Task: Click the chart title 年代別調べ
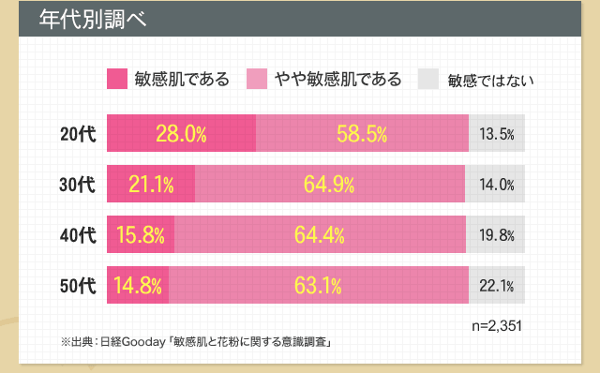[x=92, y=20]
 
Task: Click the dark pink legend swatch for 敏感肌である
[x=118, y=79]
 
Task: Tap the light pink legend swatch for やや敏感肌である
[x=257, y=79]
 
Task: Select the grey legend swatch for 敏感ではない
[x=427, y=79]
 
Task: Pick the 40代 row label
[x=78, y=235]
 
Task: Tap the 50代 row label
[x=78, y=286]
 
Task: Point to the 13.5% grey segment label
[x=497, y=134]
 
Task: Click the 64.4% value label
[x=320, y=235]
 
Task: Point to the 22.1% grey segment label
[x=497, y=286]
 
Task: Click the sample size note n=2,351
[x=495, y=327]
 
